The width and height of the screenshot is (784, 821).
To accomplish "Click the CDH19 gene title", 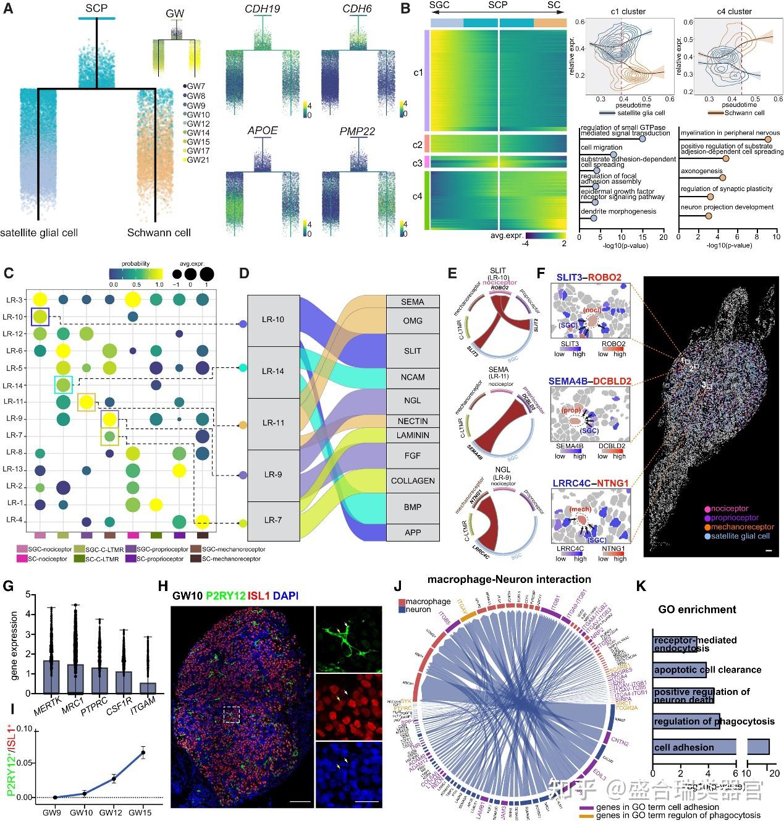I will (x=263, y=9).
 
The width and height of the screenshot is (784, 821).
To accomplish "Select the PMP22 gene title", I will (x=357, y=131).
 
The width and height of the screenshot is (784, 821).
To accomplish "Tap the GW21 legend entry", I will (x=198, y=160).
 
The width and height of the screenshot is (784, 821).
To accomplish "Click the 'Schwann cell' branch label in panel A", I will (x=159, y=232).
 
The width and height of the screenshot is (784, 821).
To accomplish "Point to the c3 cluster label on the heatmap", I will (x=418, y=163).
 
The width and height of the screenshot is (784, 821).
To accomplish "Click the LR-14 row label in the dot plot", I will (x=14, y=385).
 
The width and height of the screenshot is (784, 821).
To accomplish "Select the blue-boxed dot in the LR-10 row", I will (x=40, y=317).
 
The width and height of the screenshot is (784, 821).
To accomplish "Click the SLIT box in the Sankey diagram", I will (x=413, y=351).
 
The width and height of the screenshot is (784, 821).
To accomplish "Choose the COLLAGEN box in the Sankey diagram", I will (x=413, y=480).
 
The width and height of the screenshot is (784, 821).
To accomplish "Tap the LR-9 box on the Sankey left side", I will (x=273, y=474).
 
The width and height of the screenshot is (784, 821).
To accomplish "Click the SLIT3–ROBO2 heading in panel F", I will (x=589, y=278).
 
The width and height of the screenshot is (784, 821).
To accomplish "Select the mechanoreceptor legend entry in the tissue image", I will (x=732, y=527).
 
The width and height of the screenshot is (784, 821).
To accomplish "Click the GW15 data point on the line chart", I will (x=143, y=752).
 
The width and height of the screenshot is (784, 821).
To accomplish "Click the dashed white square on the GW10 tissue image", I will (x=230, y=715).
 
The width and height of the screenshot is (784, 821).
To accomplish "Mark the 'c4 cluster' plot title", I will (x=734, y=11).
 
